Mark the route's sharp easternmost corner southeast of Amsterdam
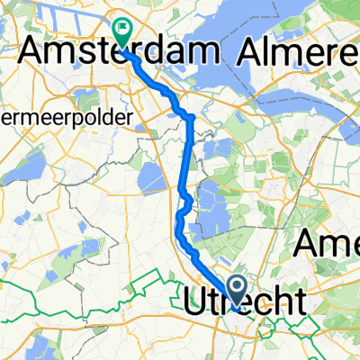click(x=193, y=117)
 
